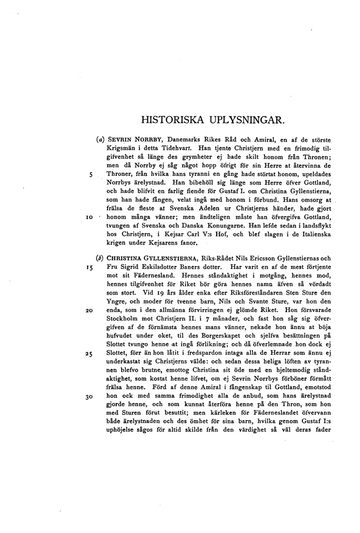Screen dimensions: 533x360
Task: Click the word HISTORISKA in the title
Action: point(169,119)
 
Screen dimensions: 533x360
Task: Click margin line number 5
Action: point(91,174)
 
